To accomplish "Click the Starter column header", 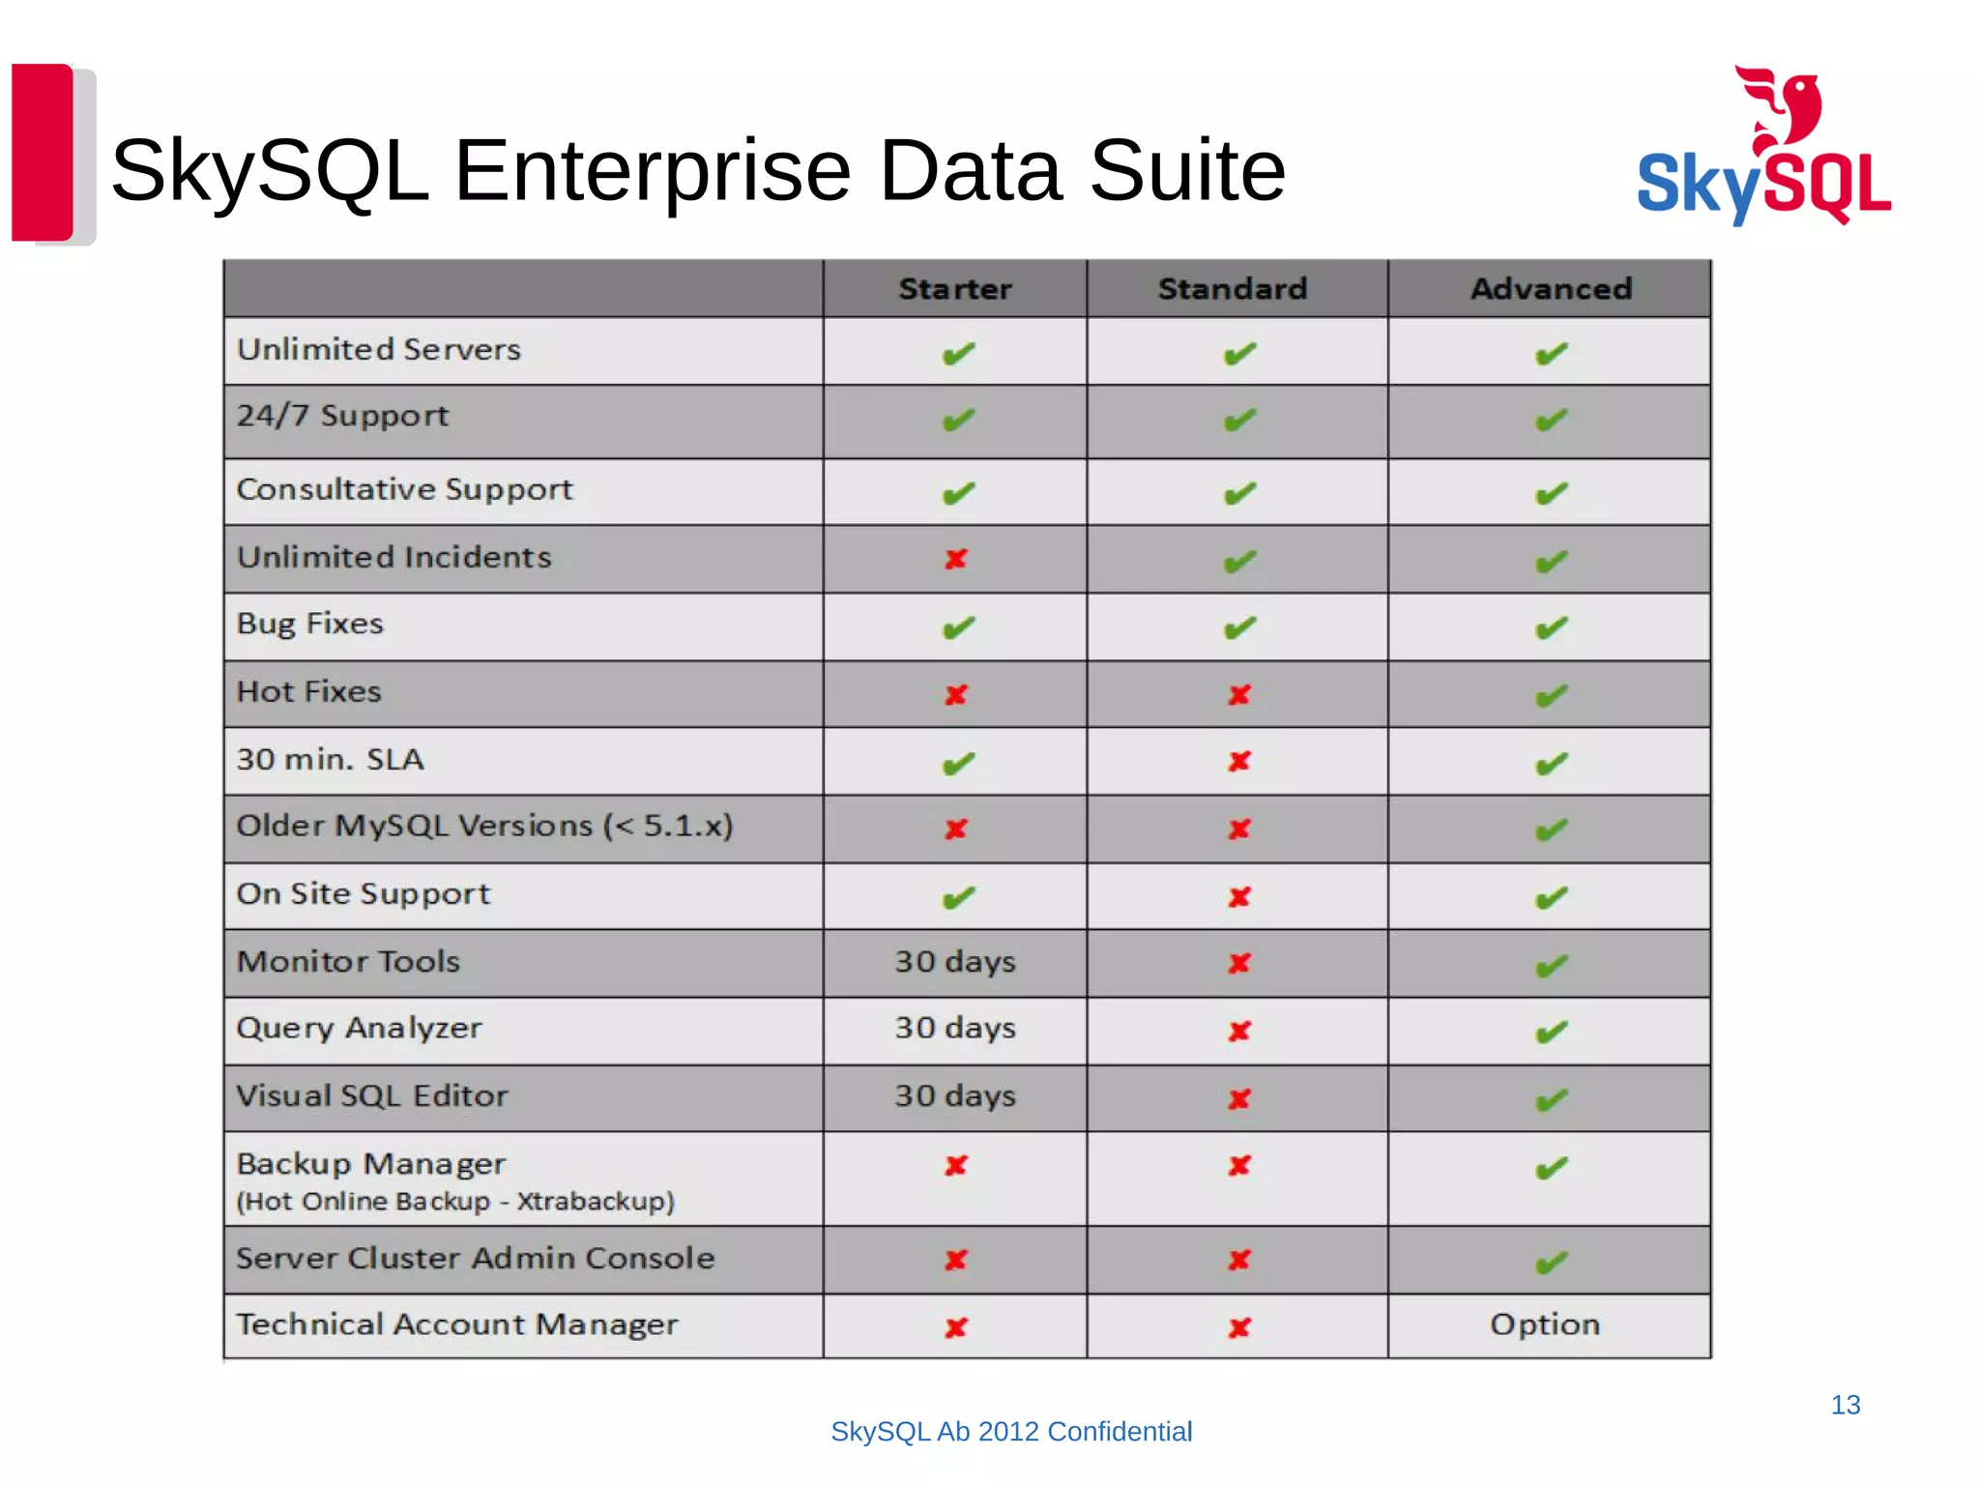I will coord(955,289).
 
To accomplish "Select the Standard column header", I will coord(1233,289).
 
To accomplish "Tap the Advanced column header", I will coord(1551,289).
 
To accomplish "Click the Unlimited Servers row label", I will coord(379,349).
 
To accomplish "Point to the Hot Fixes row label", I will coord(309,691).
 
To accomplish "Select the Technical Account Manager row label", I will coord(457,1325).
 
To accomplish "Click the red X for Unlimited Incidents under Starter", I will coord(956,559).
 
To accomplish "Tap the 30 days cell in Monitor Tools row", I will coord(955,962).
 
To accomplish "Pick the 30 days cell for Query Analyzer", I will coord(955,1028).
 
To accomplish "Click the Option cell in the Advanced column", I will coord(1545,1325).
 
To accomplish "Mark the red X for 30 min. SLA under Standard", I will coord(1239,762).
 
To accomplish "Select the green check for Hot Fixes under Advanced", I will coord(1551,695).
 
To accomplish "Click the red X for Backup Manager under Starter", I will coord(956,1166).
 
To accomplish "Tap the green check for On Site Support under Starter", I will coord(958,898).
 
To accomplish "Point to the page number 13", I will coord(1845,1405).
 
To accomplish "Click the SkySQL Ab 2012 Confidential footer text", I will coord(1011,1432).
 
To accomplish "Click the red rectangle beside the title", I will coord(43,152).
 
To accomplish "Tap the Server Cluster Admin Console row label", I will coord(476,1258).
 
